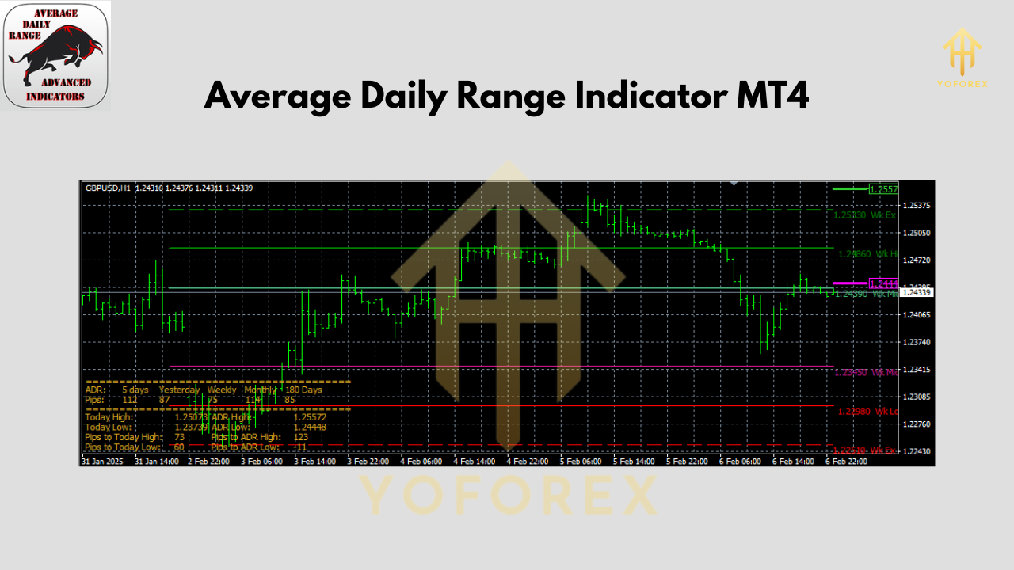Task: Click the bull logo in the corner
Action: point(55,55)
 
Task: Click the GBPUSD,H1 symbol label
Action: point(108,188)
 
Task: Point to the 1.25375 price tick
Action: point(917,206)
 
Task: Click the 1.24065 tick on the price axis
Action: point(917,315)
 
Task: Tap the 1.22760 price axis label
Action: point(917,424)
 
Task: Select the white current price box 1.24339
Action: point(918,293)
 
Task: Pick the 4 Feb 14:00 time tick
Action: point(475,461)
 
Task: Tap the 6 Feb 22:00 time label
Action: point(846,461)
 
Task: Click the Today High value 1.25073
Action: point(191,417)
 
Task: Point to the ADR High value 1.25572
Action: point(310,417)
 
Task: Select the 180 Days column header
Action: point(304,389)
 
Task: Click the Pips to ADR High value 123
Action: point(301,437)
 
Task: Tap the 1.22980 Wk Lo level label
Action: point(867,411)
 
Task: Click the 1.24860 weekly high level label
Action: point(867,254)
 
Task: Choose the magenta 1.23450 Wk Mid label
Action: point(867,371)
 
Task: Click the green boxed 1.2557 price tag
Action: point(882,189)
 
